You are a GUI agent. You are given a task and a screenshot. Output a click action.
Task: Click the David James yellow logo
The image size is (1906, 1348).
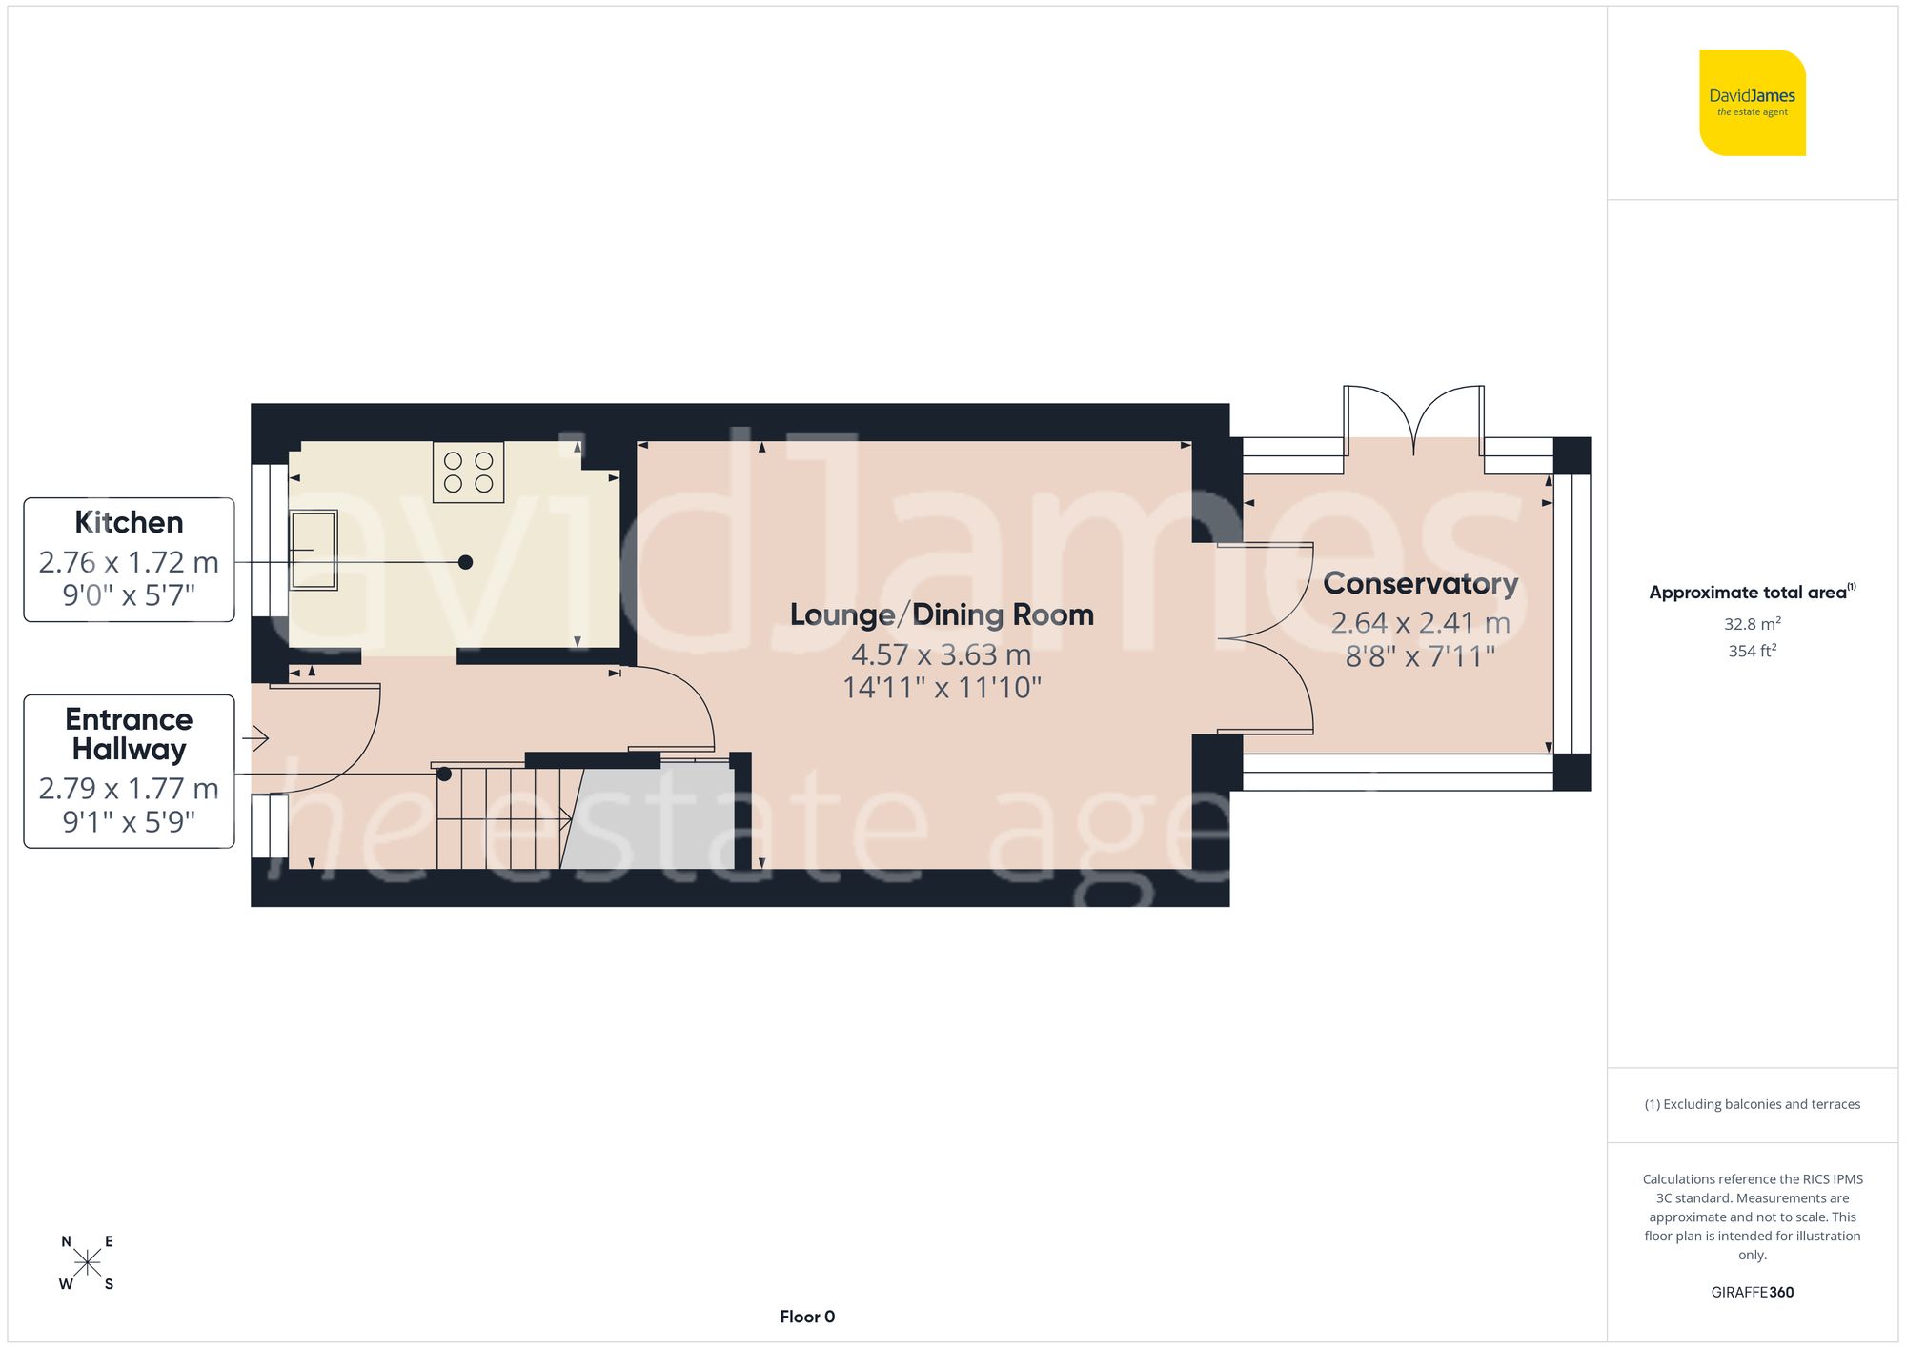[1752, 103]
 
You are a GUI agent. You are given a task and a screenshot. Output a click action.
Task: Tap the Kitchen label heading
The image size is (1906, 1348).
[129, 522]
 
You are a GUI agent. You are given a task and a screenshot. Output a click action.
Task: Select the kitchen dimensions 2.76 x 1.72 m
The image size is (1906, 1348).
[129, 562]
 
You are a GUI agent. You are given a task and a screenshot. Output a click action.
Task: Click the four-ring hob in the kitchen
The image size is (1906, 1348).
[468, 473]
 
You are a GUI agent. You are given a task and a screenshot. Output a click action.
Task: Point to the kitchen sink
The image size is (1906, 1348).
[314, 551]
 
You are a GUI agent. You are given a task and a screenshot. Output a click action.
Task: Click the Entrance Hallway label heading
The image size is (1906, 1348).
[129, 734]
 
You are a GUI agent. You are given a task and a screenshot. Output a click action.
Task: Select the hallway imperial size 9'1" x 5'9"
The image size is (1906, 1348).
[129, 821]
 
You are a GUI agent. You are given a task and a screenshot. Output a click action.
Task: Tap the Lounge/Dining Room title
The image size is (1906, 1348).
[942, 614]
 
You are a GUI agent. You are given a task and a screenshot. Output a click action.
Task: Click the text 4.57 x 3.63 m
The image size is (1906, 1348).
[942, 654]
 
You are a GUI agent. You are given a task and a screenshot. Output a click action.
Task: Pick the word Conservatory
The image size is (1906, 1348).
[1420, 583]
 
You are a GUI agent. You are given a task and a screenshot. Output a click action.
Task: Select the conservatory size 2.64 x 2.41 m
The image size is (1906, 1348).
[1420, 623]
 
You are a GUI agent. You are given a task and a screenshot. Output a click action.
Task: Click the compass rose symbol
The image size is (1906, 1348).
[87, 1263]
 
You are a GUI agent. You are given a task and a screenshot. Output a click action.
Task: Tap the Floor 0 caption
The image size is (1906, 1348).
[807, 1317]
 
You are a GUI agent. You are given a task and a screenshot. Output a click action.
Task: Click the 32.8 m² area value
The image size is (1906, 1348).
[1752, 624]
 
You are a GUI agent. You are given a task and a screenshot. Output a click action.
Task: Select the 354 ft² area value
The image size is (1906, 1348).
[1752, 651]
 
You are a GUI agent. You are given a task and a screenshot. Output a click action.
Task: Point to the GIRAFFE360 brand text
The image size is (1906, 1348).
[1752, 1292]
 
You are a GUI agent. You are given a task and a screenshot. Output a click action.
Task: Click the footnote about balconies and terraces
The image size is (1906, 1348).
[1752, 1104]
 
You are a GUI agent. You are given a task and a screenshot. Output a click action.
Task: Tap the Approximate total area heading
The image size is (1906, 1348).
[1752, 592]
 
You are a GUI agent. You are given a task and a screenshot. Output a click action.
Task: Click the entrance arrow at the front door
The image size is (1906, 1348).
[256, 737]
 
